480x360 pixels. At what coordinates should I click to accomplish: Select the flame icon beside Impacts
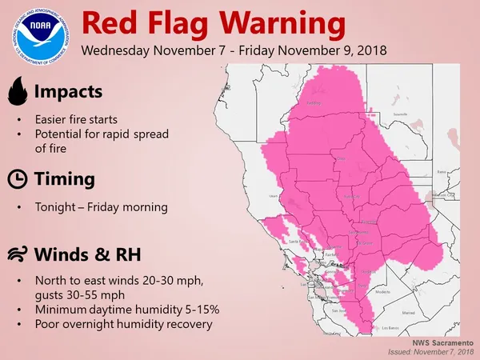tap(16, 92)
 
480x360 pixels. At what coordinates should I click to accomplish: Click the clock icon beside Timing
tap(16, 178)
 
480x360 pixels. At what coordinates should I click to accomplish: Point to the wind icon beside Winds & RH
tap(16, 255)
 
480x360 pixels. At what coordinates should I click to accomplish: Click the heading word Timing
tap(64, 178)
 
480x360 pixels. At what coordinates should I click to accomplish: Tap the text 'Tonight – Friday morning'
tap(101, 207)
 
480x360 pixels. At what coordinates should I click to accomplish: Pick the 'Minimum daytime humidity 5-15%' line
tap(114, 310)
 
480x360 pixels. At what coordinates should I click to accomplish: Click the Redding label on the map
tap(314, 103)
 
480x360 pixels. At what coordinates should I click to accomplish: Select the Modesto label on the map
tap(383, 293)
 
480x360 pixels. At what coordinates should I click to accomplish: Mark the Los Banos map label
tap(390, 328)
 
